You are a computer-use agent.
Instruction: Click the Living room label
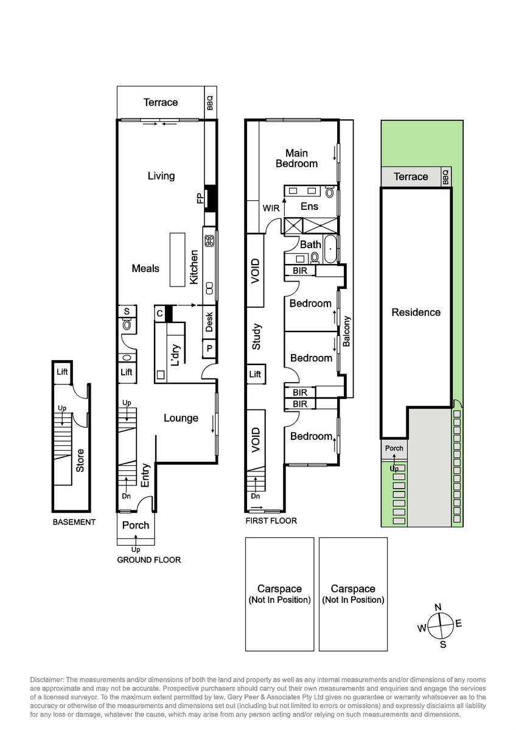[161, 176]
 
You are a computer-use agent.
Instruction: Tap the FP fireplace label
[200, 198]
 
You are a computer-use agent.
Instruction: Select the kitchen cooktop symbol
[209, 241]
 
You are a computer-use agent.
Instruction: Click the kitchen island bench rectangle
[177, 260]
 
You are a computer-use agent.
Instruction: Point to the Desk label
[209, 322]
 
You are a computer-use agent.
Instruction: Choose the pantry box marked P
[209, 349]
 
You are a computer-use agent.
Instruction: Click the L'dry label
[175, 355]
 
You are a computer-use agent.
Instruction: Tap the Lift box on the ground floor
[127, 372]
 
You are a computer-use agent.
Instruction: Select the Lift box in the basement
[62, 372]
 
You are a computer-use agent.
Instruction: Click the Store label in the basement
[80, 461]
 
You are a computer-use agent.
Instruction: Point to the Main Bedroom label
[296, 158]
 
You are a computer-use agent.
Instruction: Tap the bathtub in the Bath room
[330, 249]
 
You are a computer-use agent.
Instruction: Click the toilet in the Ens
[330, 192]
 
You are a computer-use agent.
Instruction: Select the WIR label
[271, 208]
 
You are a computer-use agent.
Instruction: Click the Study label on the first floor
[256, 336]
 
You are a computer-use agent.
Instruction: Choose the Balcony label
[346, 331]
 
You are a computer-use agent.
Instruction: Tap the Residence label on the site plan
[416, 312]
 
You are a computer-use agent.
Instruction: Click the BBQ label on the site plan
[446, 177]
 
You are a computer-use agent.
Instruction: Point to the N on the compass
[438, 607]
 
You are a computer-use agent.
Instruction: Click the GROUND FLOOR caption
[148, 560]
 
